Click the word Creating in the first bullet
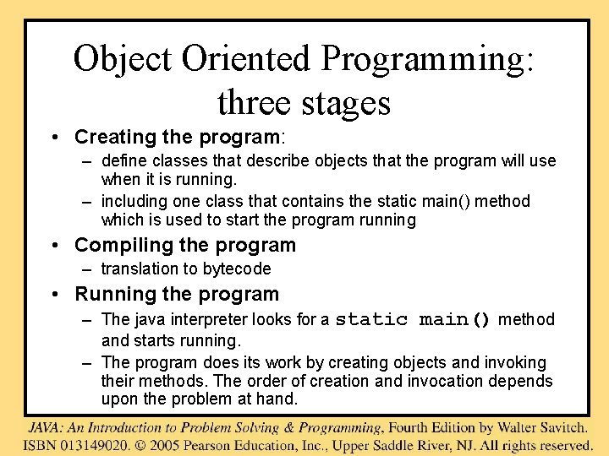[x=110, y=137]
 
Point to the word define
[x=123, y=160]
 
